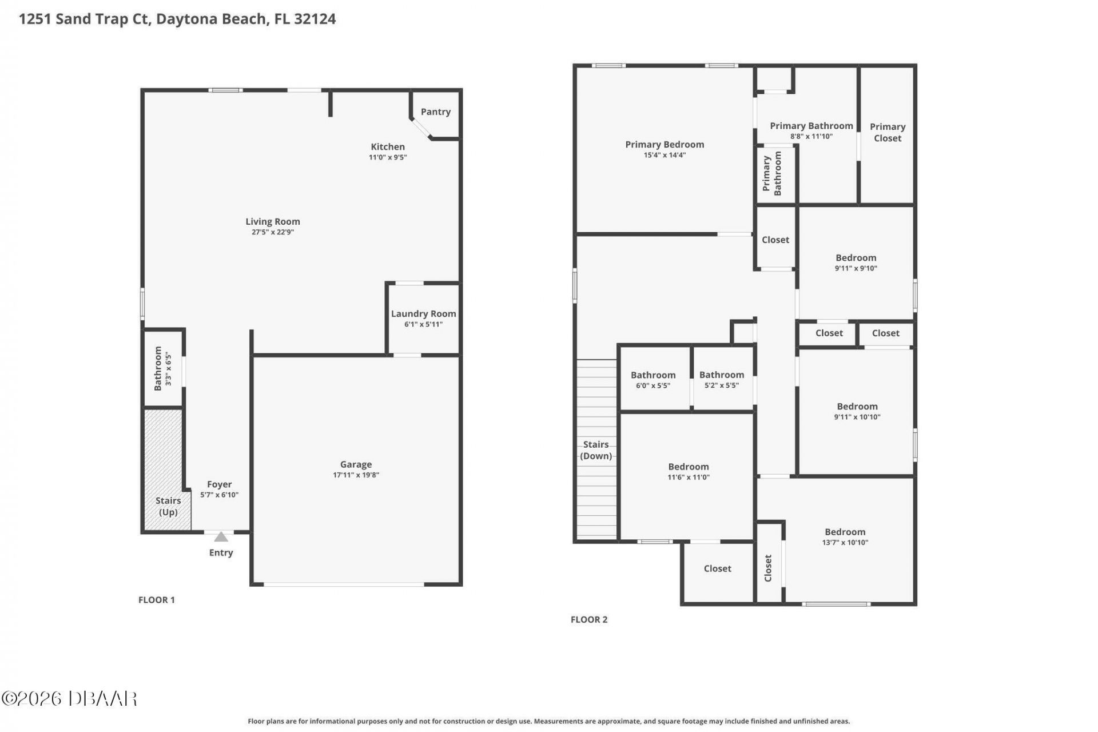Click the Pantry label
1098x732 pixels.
coord(436,112)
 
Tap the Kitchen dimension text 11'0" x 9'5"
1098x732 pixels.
coord(388,157)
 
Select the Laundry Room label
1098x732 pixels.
coord(424,313)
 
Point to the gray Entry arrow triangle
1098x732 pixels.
coord(221,536)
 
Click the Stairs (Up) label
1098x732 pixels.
coord(168,506)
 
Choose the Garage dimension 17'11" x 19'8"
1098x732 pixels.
coord(356,475)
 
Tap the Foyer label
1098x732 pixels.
coord(220,484)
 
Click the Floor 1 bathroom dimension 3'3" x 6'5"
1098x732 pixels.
coord(169,369)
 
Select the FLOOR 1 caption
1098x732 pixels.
coord(157,599)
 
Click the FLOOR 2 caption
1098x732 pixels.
coord(589,619)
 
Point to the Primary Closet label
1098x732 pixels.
coord(888,132)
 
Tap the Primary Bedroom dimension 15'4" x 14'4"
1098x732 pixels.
coord(665,155)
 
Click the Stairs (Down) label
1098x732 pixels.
coord(596,450)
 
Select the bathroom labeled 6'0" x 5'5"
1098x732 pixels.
coord(653,380)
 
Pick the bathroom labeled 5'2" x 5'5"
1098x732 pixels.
coord(722,380)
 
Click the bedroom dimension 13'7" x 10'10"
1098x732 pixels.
coord(845,543)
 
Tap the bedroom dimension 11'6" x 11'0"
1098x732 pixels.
coord(689,478)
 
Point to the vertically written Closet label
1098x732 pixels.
coord(768,568)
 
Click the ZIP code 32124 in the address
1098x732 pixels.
coord(315,19)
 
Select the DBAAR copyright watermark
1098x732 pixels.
coord(69,699)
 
